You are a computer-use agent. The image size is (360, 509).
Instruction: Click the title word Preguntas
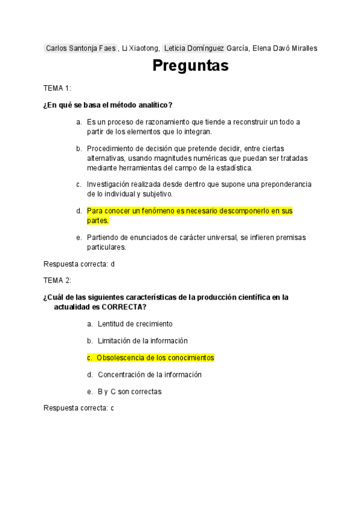pos(190,65)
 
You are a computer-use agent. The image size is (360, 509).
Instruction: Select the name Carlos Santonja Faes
pos(80,48)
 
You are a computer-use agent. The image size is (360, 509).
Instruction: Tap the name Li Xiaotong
pos(140,48)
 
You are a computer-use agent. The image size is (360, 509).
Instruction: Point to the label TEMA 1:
pos(57,88)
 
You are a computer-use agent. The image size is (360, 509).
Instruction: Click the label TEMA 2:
pos(57,280)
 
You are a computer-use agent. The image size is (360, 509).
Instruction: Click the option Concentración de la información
pos(149,375)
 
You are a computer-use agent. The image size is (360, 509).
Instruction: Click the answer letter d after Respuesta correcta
pos(112,264)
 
